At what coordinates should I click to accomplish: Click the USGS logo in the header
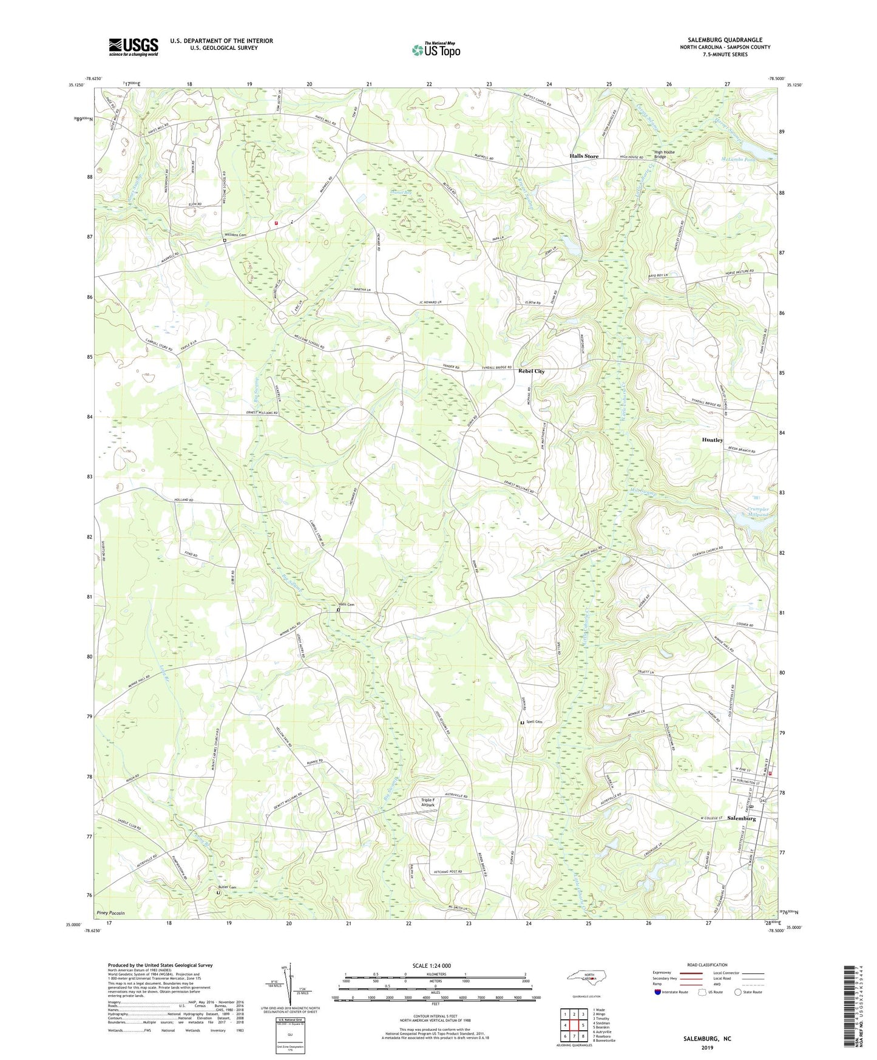pyautogui.click(x=133, y=47)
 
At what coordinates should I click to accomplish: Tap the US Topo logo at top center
pyautogui.click(x=435, y=50)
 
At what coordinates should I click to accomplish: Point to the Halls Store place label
pyautogui.click(x=583, y=156)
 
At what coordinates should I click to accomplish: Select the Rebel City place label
pyautogui.click(x=530, y=371)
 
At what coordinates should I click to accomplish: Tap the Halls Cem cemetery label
pyautogui.click(x=346, y=604)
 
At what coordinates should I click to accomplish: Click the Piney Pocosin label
pyautogui.click(x=110, y=912)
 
